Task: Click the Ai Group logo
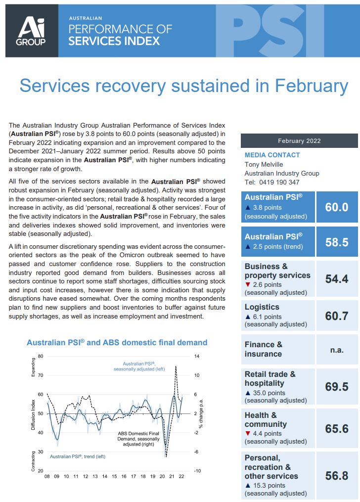click(x=32, y=31)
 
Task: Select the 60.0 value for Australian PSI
click(x=337, y=207)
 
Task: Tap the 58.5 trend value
click(x=337, y=242)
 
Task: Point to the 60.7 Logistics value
click(x=337, y=315)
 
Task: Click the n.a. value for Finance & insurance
click(x=337, y=349)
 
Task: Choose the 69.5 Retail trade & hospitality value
click(x=337, y=387)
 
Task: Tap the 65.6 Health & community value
click(x=337, y=428)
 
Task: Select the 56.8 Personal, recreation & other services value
click(x=337, y=476)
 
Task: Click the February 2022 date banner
click(x=299, y=140)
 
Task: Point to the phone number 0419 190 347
click(x=279, y=182)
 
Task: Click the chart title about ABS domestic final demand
click(x=117, y=342)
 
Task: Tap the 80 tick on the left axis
click(x=41, y=356)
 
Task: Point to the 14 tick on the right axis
click(x=196, y=356)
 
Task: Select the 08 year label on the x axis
click(x=47, y=477)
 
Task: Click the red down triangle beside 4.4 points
click(x=247, y=434)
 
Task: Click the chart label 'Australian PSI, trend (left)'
click(x=78, y=456)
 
